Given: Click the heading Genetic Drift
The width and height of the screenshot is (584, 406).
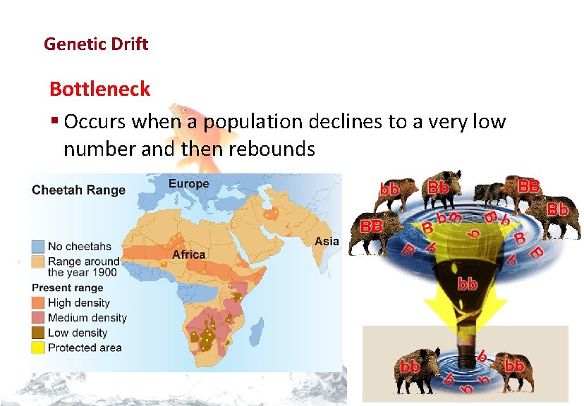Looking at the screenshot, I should coord(96,44).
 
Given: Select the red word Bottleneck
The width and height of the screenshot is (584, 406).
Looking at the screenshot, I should coord(99,90).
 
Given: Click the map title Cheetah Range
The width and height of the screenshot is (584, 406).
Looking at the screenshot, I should coord(79,190).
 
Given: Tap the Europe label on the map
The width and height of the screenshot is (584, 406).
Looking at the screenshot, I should coord(188,184).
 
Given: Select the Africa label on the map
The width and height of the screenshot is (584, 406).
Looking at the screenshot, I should coord(189,254).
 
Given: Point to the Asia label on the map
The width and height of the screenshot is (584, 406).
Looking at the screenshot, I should coord(327,241).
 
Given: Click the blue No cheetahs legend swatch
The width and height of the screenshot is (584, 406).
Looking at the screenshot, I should coord(39,246).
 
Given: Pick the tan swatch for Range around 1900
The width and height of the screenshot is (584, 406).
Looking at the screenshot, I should coord(39,262).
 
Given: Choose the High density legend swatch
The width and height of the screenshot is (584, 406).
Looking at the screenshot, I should coord(39,303).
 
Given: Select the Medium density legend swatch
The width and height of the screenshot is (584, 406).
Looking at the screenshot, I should coord(39,318).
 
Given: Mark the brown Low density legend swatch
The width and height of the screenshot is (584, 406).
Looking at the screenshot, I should coord(39,333).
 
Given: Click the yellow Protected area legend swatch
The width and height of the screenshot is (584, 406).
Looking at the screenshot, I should coord(39,347).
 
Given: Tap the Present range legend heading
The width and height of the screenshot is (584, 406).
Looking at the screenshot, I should coord(68,288).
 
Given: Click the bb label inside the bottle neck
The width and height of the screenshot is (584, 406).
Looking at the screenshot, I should coord(468,285).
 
